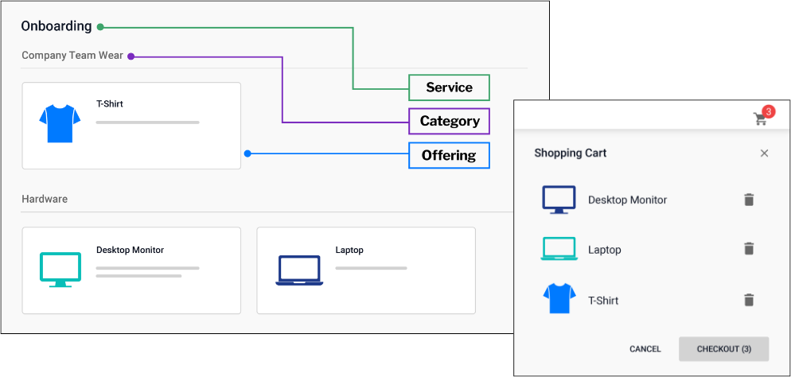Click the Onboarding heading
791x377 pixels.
coord(56,26)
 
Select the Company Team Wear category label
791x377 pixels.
coord(72,56)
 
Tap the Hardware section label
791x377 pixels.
coord(45,199)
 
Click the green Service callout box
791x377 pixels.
coord(449,87)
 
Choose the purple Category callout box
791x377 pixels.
coord(449,121)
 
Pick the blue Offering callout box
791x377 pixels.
coord(449,155)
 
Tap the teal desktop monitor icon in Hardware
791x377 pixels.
coord(60,269)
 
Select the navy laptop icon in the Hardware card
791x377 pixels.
coord(299,270)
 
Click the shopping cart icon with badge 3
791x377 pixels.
coord(761,119)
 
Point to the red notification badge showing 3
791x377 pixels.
coord(768,111)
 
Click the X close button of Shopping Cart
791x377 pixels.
coord(764,154)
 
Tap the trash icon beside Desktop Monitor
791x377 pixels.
coord(748,200)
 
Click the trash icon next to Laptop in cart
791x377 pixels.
coord(748,249)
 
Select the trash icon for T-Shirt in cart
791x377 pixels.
coord(748,300)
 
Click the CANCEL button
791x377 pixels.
coord(645,349)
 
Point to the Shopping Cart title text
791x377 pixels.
coord(570,153)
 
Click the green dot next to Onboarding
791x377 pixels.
coord(100,27)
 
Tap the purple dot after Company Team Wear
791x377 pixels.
coord(131,56)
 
